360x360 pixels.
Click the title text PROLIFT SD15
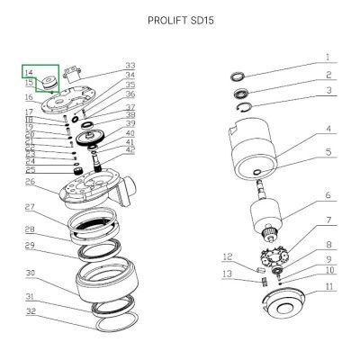tap(181, 21)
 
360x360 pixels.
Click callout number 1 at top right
tap(328, 57)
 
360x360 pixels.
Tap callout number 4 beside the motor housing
tap(328, 129)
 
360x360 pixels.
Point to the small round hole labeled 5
tap(257, 172)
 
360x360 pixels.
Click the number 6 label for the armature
tap(328, 195)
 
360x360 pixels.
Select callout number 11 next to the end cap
tap(329, 287)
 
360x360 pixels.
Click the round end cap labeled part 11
tap(284, 305)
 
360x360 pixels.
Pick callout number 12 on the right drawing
tap(228, 256)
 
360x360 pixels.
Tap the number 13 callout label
tap(228, 274)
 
